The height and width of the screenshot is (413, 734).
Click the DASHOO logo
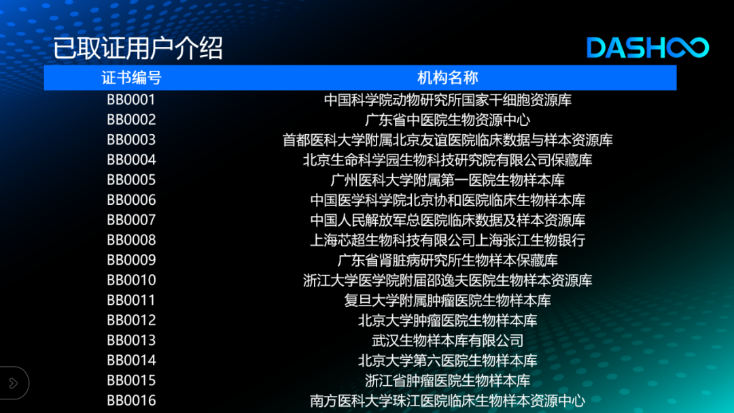(x=648, y=48)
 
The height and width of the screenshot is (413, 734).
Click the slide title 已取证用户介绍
(x=137, y=48)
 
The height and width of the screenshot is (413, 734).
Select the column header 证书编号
(x=132, y=78)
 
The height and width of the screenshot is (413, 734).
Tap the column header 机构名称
(x=447, y=78)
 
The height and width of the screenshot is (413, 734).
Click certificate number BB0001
(x=131, y=100)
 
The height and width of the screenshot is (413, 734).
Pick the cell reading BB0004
(x=131, y=160)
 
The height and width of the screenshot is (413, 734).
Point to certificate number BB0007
(x=131, y=220)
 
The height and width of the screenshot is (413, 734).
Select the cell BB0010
(x=131, y=280)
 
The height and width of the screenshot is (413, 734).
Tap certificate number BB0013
(x=131, y=340)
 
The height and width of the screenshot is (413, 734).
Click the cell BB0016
(x=131, y=401)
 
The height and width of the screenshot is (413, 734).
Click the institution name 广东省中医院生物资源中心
(x=447, y=120)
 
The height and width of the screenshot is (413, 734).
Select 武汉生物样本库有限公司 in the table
(x=447, y=340)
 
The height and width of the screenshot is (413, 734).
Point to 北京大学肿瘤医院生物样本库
(x=447, y=320)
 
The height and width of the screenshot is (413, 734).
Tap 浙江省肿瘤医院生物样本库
(x=447, y=380)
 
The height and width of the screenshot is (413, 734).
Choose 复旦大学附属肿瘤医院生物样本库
(x=447, y=301)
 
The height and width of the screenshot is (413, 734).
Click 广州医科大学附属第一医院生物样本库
(x=447, y=180)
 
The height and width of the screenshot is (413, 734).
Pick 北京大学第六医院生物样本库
(x=447, y=361)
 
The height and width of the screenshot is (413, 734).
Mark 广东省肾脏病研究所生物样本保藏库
(x=447, y=260)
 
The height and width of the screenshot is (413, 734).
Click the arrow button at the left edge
(x=14, y=383)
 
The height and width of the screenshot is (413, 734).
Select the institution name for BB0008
(x=447, y=240)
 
